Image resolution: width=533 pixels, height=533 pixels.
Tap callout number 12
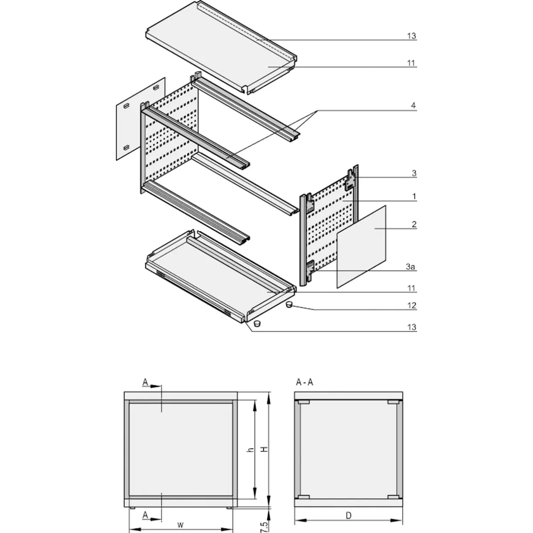coord(413,306)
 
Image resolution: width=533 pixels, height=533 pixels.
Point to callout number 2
coord(414,225)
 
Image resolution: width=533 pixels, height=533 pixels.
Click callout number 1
coord(414,196)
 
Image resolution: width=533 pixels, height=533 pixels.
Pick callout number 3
coord(414,174)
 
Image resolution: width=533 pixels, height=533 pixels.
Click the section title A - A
coord(304,382)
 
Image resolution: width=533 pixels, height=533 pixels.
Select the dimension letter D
coord(349,516)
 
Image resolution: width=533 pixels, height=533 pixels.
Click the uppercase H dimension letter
coord(265,450)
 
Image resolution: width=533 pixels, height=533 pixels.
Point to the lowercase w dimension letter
coord(180,525)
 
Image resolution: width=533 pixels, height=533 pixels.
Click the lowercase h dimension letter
coord(251,450)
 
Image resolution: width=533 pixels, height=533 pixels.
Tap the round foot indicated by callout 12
coord(289,305)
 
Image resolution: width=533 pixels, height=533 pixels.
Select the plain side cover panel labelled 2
coord(362,247)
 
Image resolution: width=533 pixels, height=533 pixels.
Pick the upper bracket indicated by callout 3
coord(351,180)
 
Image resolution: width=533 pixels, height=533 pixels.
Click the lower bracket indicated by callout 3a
coord(310,268)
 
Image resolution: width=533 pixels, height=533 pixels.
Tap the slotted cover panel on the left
coord(140,119)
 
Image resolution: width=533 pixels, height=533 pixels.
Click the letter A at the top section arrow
coord(145,382)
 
